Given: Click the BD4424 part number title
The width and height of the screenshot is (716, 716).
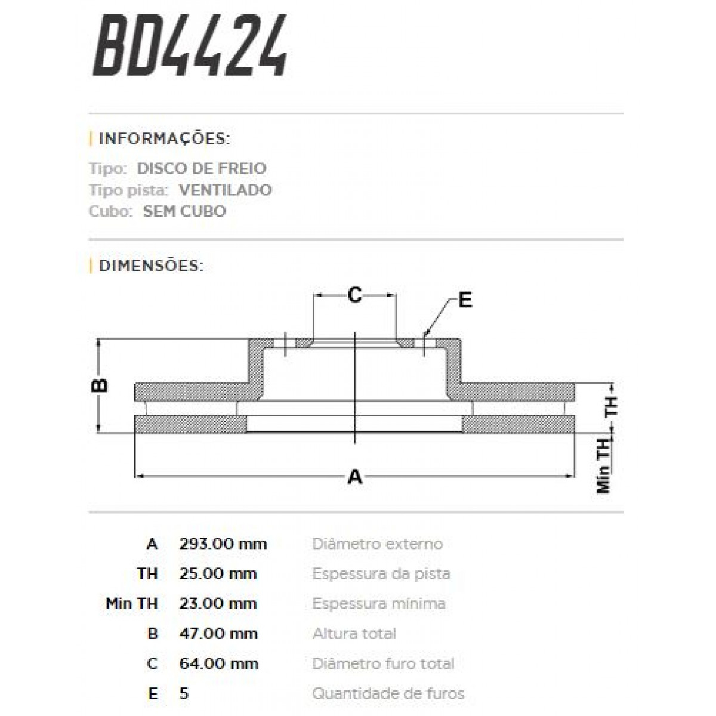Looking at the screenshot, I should click(x=190, y=47).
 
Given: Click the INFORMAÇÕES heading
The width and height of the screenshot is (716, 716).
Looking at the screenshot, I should click(x=164, y=139).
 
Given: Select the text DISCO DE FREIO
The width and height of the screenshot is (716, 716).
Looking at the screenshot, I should click(x=202, y=168).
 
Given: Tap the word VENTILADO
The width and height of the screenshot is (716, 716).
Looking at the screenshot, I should click(x=225, y=190).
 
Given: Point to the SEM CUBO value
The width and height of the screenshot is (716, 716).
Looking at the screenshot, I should click(x=184, y=211).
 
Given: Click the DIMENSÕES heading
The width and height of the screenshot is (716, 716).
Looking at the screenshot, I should click(x=151, y=265).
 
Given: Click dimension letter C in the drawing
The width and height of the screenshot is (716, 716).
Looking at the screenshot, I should click(x=355, y=294).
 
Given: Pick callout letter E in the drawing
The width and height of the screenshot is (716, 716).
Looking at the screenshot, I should click(x=465, y=300).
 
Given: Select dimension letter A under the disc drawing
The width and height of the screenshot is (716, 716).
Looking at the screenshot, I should click(x=355, y=477).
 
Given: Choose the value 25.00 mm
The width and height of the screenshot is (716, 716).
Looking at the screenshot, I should click(x=218, y=573).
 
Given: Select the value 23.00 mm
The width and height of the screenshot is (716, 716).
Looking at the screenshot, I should click(x=218, y=603).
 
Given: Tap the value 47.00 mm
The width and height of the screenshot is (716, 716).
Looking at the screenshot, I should click(x=218, y=633).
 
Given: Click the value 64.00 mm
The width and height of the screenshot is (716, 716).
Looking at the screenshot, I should click(x=218, y=663).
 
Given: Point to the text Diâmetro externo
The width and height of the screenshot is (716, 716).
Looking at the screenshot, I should click(x=377, y=544).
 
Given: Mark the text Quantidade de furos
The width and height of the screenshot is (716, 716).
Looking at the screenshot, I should click(x=388, y=693).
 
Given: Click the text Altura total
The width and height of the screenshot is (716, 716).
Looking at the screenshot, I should click(x=354, y=633).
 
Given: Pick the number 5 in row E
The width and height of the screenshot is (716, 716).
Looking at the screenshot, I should click(x=184, y=693).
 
